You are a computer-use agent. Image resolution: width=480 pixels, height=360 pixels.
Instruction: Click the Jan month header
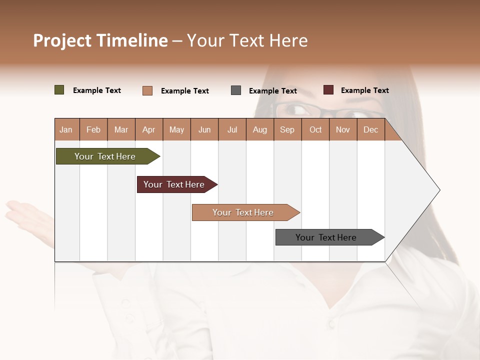[66, 129]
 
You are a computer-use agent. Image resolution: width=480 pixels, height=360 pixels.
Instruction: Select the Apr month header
[148, 129]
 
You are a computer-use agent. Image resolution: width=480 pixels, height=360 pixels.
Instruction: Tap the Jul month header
[232, 129]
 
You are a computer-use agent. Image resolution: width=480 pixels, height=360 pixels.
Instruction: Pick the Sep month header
[287, 129]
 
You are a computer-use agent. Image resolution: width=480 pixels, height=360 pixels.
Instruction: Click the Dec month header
[370, 129]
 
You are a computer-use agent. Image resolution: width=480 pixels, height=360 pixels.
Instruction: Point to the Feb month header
[93, 129]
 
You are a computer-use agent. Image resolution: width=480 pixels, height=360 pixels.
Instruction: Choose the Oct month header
[315, 129]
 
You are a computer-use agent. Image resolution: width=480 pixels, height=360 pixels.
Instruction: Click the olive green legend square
[59, 90]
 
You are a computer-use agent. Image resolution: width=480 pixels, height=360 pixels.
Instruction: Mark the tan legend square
[147, 90]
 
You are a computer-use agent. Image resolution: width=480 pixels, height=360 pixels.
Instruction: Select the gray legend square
[236, 90]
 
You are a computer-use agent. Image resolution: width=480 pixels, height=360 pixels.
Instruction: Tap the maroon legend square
[328, 90]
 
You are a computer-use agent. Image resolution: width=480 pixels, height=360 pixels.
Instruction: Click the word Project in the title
[62, 40]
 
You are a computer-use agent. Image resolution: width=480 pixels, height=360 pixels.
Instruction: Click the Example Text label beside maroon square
[364, 90]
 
